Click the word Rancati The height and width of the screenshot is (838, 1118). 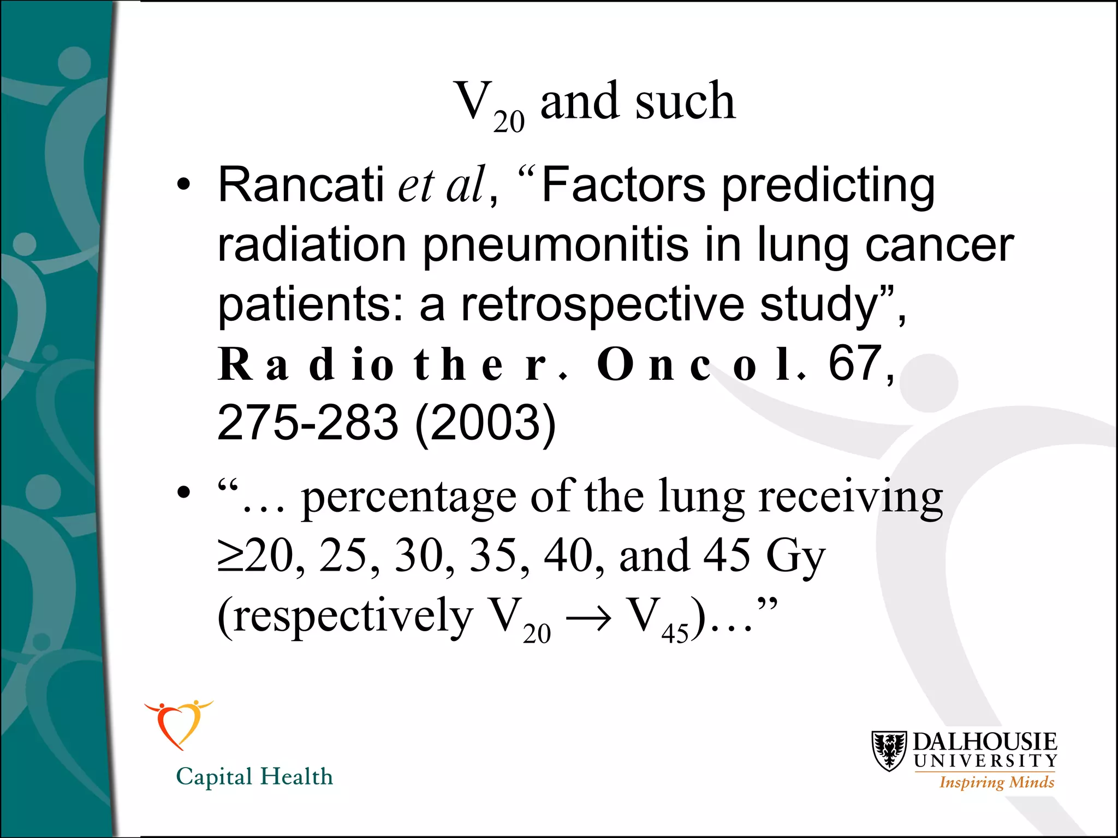(301, 184)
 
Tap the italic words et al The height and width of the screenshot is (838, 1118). (441, 184)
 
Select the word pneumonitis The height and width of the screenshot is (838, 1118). (556, 245)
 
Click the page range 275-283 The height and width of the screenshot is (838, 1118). (308, 422)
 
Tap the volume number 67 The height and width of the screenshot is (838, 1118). (855, 363)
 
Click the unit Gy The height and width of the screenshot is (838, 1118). (795, 556)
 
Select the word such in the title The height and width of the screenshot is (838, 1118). (685, 101)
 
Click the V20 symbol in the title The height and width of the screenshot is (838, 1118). (489, 105)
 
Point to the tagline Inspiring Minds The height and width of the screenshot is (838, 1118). (996, 782)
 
